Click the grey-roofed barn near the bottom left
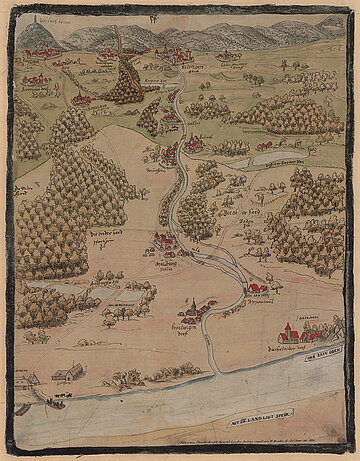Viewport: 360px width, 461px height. [x=67, y=372]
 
